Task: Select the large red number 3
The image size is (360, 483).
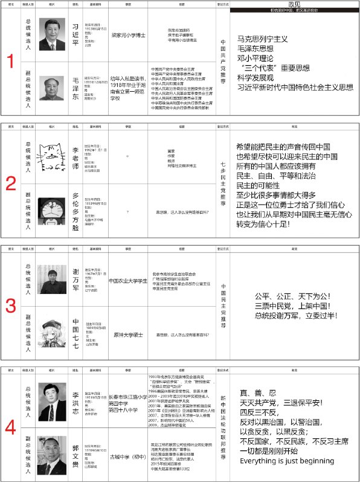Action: coord(10,306)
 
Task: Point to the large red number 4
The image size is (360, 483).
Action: coord(10,427)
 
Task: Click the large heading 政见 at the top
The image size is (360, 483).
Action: coord(294,4)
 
